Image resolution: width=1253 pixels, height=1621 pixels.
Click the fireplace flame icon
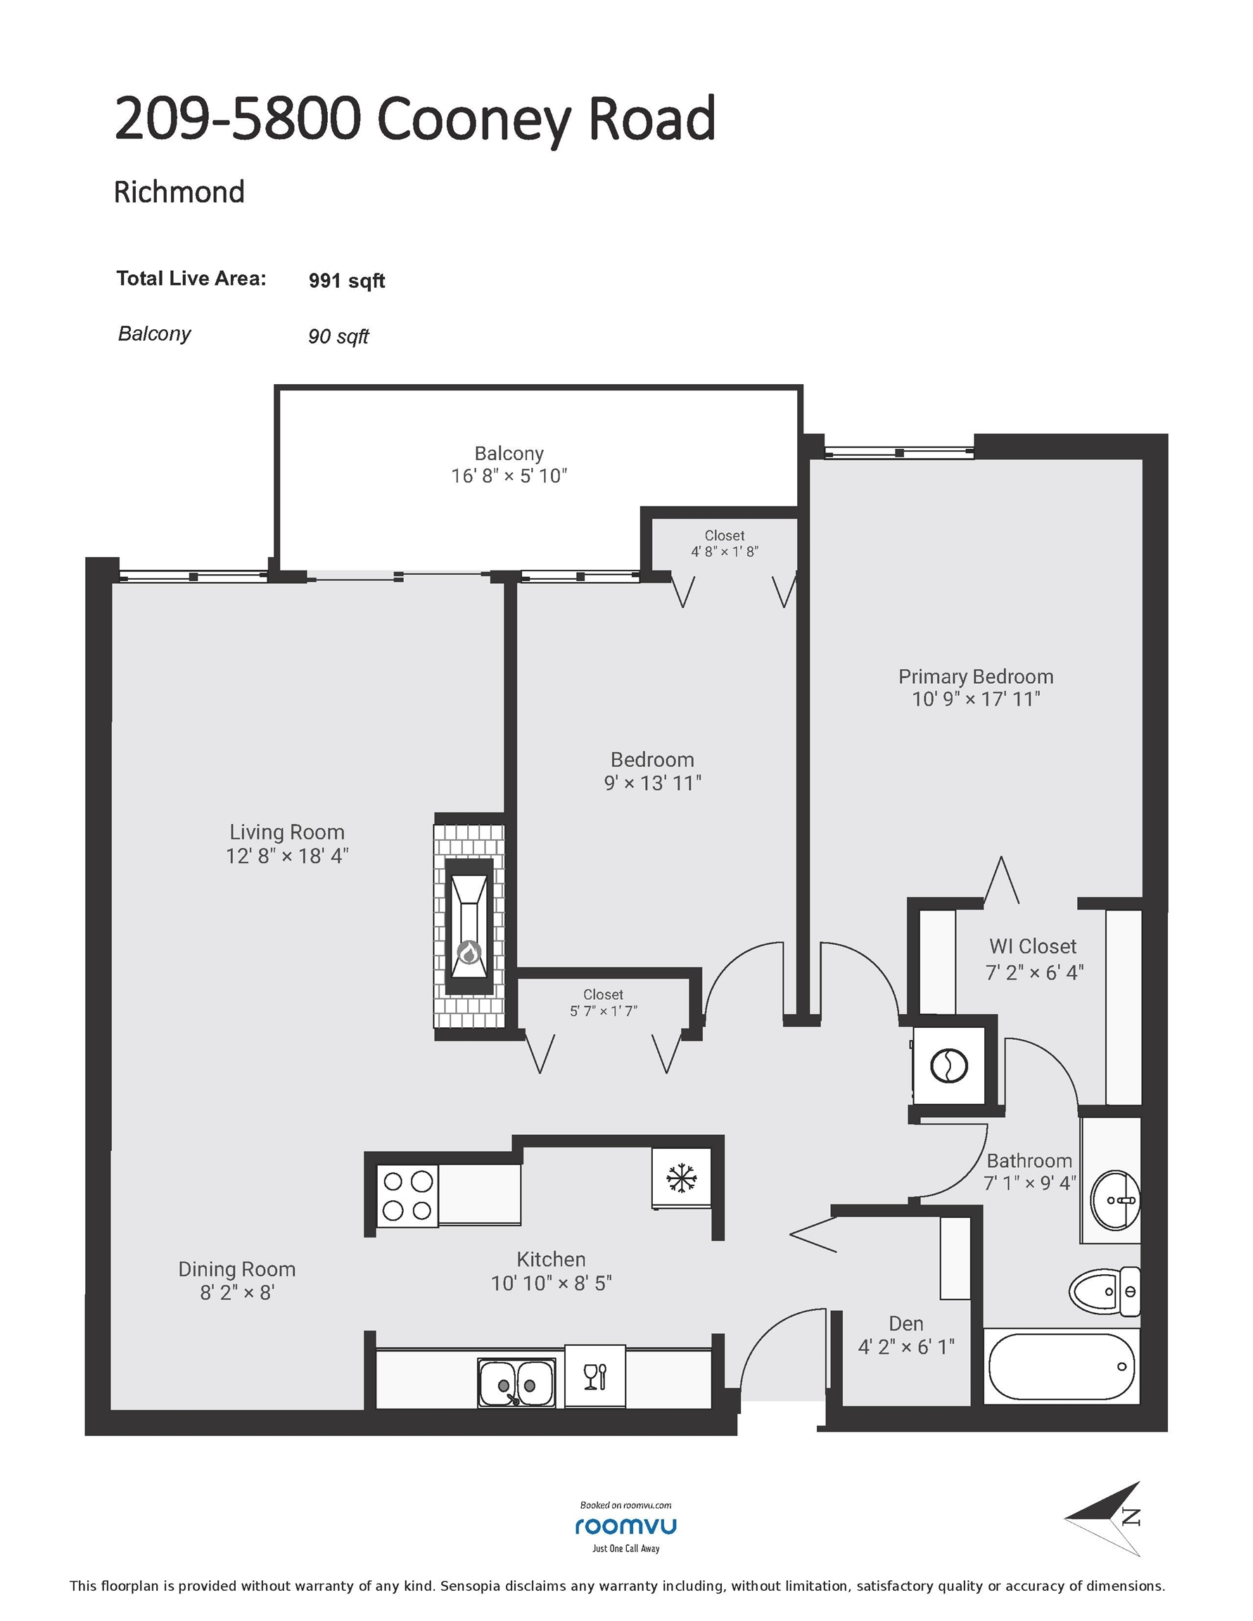pos(469,952)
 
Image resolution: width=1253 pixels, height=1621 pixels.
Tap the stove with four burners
pos(407,1195)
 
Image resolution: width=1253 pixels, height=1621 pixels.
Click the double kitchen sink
pos(516,1383)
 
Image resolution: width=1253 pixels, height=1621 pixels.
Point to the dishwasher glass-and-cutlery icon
pos(595,1377)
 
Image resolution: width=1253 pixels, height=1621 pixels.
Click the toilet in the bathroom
pos(1105,1292)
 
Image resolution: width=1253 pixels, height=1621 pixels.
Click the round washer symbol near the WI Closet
pos(949,1067)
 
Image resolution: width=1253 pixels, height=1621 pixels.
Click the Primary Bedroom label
pos(975,677)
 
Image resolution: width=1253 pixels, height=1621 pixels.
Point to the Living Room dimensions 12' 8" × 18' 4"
pos(287,856)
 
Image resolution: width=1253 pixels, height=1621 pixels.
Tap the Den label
pos(906,1323)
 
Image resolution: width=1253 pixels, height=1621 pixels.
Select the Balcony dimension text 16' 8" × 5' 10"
pos(509,476)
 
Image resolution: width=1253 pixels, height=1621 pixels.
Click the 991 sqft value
pos(347,281)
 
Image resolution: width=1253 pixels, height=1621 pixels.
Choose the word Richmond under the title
pos(179,192)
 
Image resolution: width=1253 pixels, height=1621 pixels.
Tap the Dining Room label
pos(237,1269)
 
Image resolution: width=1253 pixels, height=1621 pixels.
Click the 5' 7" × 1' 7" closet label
pos(604,1011)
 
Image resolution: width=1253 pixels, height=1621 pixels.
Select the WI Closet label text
pos(1033,946)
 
